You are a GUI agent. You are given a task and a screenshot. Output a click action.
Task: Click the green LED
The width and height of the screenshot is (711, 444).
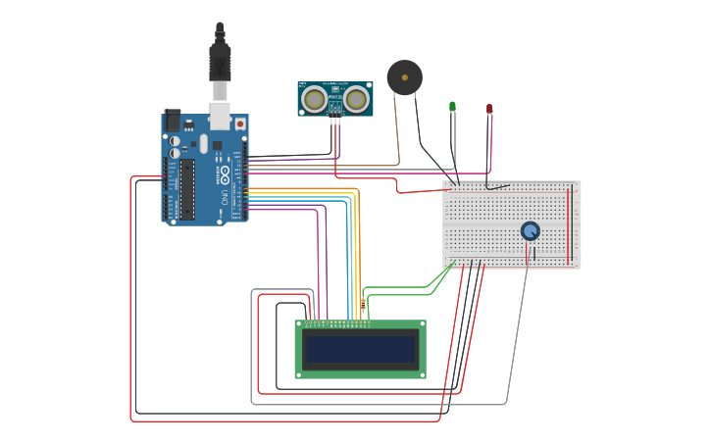coord(452,106)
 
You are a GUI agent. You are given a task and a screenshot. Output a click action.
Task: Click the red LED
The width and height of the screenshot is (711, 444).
coord(489,108)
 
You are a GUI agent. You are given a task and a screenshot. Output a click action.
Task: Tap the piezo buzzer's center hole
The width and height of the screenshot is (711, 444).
coord(404,77)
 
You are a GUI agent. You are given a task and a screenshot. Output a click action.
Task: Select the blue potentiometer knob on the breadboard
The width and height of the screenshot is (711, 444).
coord(530,230)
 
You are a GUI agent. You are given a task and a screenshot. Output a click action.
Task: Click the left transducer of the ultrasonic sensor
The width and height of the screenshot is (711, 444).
coord(314,98)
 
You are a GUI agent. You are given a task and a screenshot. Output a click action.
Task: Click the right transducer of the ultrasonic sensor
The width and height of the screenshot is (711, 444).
coord(356,98)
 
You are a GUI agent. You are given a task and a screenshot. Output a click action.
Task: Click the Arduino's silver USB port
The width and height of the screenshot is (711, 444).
coord(220,115)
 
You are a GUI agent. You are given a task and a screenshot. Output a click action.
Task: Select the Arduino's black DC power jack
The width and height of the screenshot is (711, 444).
coord(173,121)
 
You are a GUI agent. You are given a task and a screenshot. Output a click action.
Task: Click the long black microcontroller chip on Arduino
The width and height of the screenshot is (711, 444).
coord(187,189)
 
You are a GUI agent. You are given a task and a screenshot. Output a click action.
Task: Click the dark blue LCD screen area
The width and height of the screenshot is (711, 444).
coord(360,349)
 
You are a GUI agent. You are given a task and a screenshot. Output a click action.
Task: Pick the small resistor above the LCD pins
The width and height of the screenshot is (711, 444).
coord(363,305)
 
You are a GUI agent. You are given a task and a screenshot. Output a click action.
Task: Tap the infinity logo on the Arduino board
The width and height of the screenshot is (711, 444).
coord(225,176)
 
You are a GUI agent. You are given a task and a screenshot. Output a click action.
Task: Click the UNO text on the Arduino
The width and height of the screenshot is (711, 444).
coord(225,196)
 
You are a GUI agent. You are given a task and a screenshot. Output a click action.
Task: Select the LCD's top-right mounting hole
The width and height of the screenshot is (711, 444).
coord(422,324)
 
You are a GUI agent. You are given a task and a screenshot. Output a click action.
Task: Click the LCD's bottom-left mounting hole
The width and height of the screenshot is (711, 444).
coord(300,373)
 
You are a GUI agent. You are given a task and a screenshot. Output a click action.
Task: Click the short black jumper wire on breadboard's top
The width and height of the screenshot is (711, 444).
coord(497,186)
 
